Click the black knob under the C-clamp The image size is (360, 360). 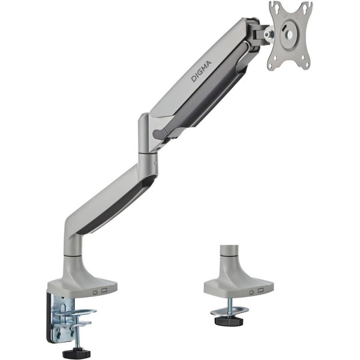tap(77, 353)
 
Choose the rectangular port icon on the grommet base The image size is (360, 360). tap(260, 291)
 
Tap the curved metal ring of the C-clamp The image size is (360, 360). tap(78, 313)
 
